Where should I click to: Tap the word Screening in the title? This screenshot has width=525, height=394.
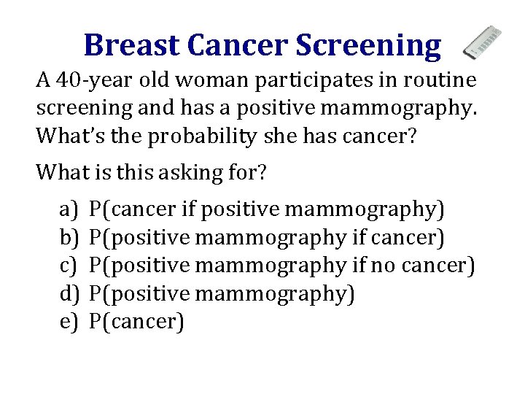pos(368,45)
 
